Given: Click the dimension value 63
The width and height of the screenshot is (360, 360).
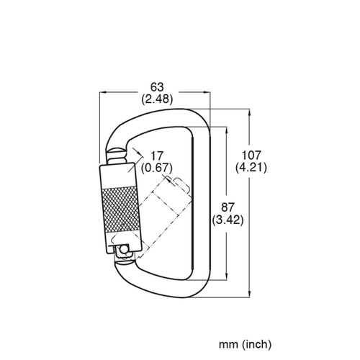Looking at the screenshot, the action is [x=157, y=87].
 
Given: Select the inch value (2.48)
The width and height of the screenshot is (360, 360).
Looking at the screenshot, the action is [x=157, y=99].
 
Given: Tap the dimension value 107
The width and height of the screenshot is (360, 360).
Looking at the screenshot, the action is [x=251, y=156].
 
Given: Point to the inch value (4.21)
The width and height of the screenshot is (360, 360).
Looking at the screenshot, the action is [x=251, y=167].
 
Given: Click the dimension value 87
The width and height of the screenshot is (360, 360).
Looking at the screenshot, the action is [x=228, y=207].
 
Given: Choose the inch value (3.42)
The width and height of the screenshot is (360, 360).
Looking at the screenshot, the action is [x=228, y=220].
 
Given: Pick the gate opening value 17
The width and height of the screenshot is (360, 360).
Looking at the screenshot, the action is [x=157, y=156].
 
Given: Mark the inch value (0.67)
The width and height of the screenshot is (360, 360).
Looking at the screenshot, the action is [x=157, y=168].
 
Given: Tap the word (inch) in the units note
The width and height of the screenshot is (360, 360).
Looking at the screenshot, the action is [x=256, y=344].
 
